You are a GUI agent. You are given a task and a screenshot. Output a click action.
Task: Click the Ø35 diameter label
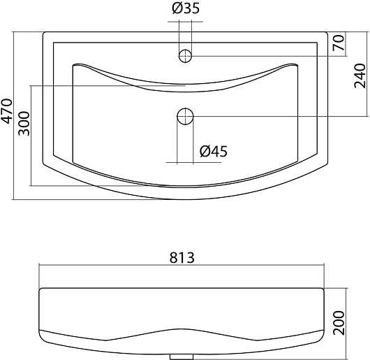click(186, 8)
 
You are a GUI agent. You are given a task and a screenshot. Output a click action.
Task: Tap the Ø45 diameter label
click(214, 151)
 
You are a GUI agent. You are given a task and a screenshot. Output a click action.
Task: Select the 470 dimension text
click(6, 111)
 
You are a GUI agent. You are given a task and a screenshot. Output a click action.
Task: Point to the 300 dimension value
click(24, 123)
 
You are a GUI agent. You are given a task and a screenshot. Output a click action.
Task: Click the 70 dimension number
click(339, 43)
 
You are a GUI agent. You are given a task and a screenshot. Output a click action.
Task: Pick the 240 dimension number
click(360, 75)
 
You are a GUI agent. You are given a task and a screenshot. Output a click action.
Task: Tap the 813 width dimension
click(182, 258)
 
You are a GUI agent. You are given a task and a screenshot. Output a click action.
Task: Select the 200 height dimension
click(339, 323)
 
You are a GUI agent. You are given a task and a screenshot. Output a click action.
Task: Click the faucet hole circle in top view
click(185, 56)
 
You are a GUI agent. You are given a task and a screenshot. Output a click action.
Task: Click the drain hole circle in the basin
click(185, 116)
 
